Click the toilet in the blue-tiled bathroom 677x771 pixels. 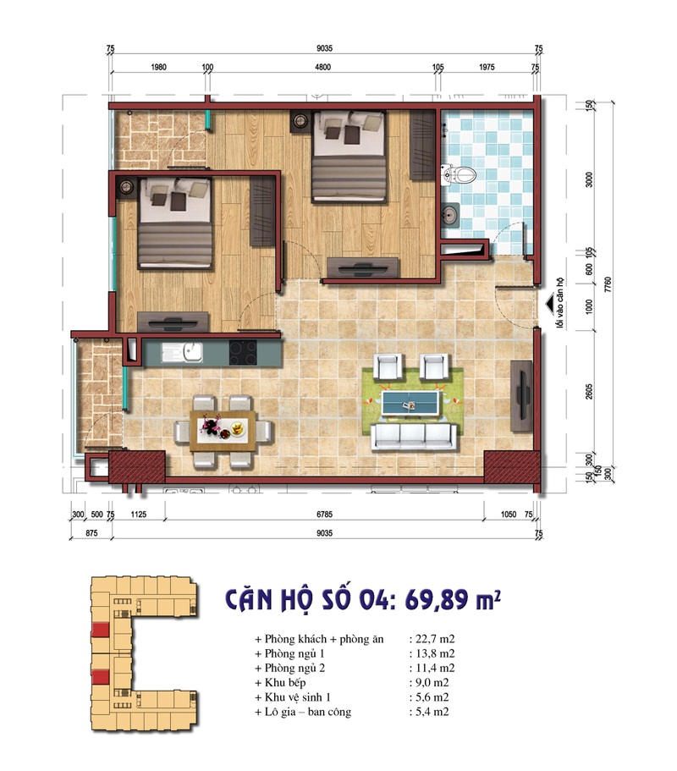[x=460, y=175]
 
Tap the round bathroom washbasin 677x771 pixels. [x=450, y=215]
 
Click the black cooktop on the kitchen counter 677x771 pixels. [x=243, y=353]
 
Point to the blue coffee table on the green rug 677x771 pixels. [x=410, y=402]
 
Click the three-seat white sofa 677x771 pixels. [x=414, y=438]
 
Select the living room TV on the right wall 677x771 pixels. [x=521, y=396]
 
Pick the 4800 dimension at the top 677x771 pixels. [x=322, y=67]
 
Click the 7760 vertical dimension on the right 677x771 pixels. [x=608, y=285]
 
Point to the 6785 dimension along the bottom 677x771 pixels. [x=324, y=515]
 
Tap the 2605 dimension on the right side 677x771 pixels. [x=590, y=392]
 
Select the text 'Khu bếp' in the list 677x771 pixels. [x=285, y=682]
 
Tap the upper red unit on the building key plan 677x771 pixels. [x=101, y=631]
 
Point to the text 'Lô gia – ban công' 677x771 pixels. [x=308, y=712]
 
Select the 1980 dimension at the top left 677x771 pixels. [x=158, y=67]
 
